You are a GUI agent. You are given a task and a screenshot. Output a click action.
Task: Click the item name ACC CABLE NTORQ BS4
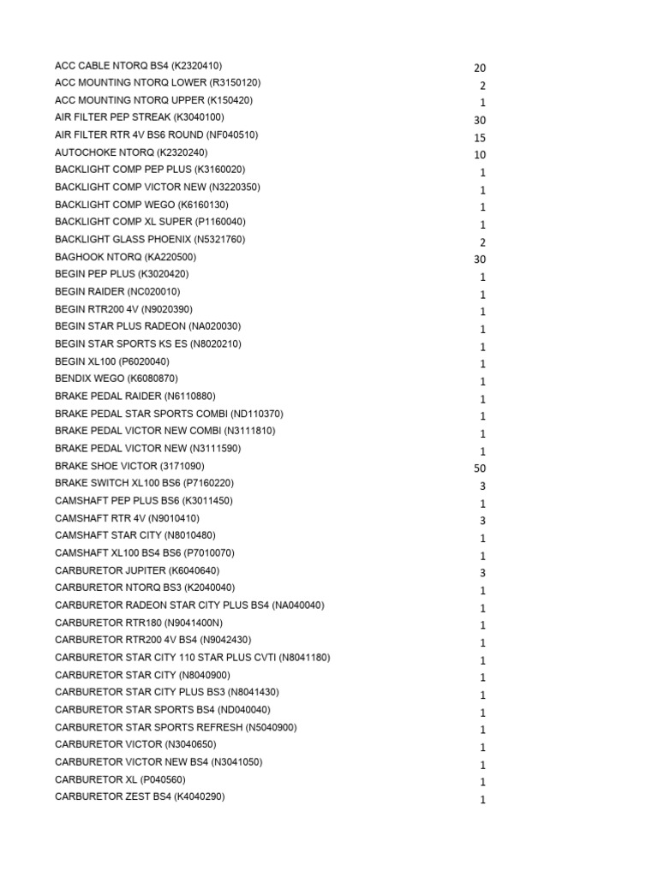click(111, 65)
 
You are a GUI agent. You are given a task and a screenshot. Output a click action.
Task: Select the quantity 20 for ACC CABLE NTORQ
click(480, 68)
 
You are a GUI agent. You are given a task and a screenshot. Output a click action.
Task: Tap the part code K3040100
click(199, 117)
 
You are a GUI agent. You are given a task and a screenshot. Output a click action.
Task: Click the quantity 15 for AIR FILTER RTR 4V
click(480, 138)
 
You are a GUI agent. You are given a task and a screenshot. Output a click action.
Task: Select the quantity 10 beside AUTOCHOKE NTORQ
click(480, 155)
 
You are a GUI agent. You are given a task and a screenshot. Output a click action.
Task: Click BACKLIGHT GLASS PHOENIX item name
click(123, 239)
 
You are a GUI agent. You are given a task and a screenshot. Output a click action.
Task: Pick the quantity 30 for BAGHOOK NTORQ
click(480, 260)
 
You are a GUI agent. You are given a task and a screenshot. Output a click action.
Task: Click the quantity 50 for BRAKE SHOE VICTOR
click(480, 468)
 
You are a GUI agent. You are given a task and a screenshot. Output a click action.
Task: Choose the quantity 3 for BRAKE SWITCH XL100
click(482, 486)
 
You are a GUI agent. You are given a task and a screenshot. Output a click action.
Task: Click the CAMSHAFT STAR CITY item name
click(108, 535)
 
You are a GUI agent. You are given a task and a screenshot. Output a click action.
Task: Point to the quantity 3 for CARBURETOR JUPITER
click(482, 573)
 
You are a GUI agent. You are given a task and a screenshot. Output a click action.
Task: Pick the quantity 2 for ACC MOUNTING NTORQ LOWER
click(482, 86)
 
